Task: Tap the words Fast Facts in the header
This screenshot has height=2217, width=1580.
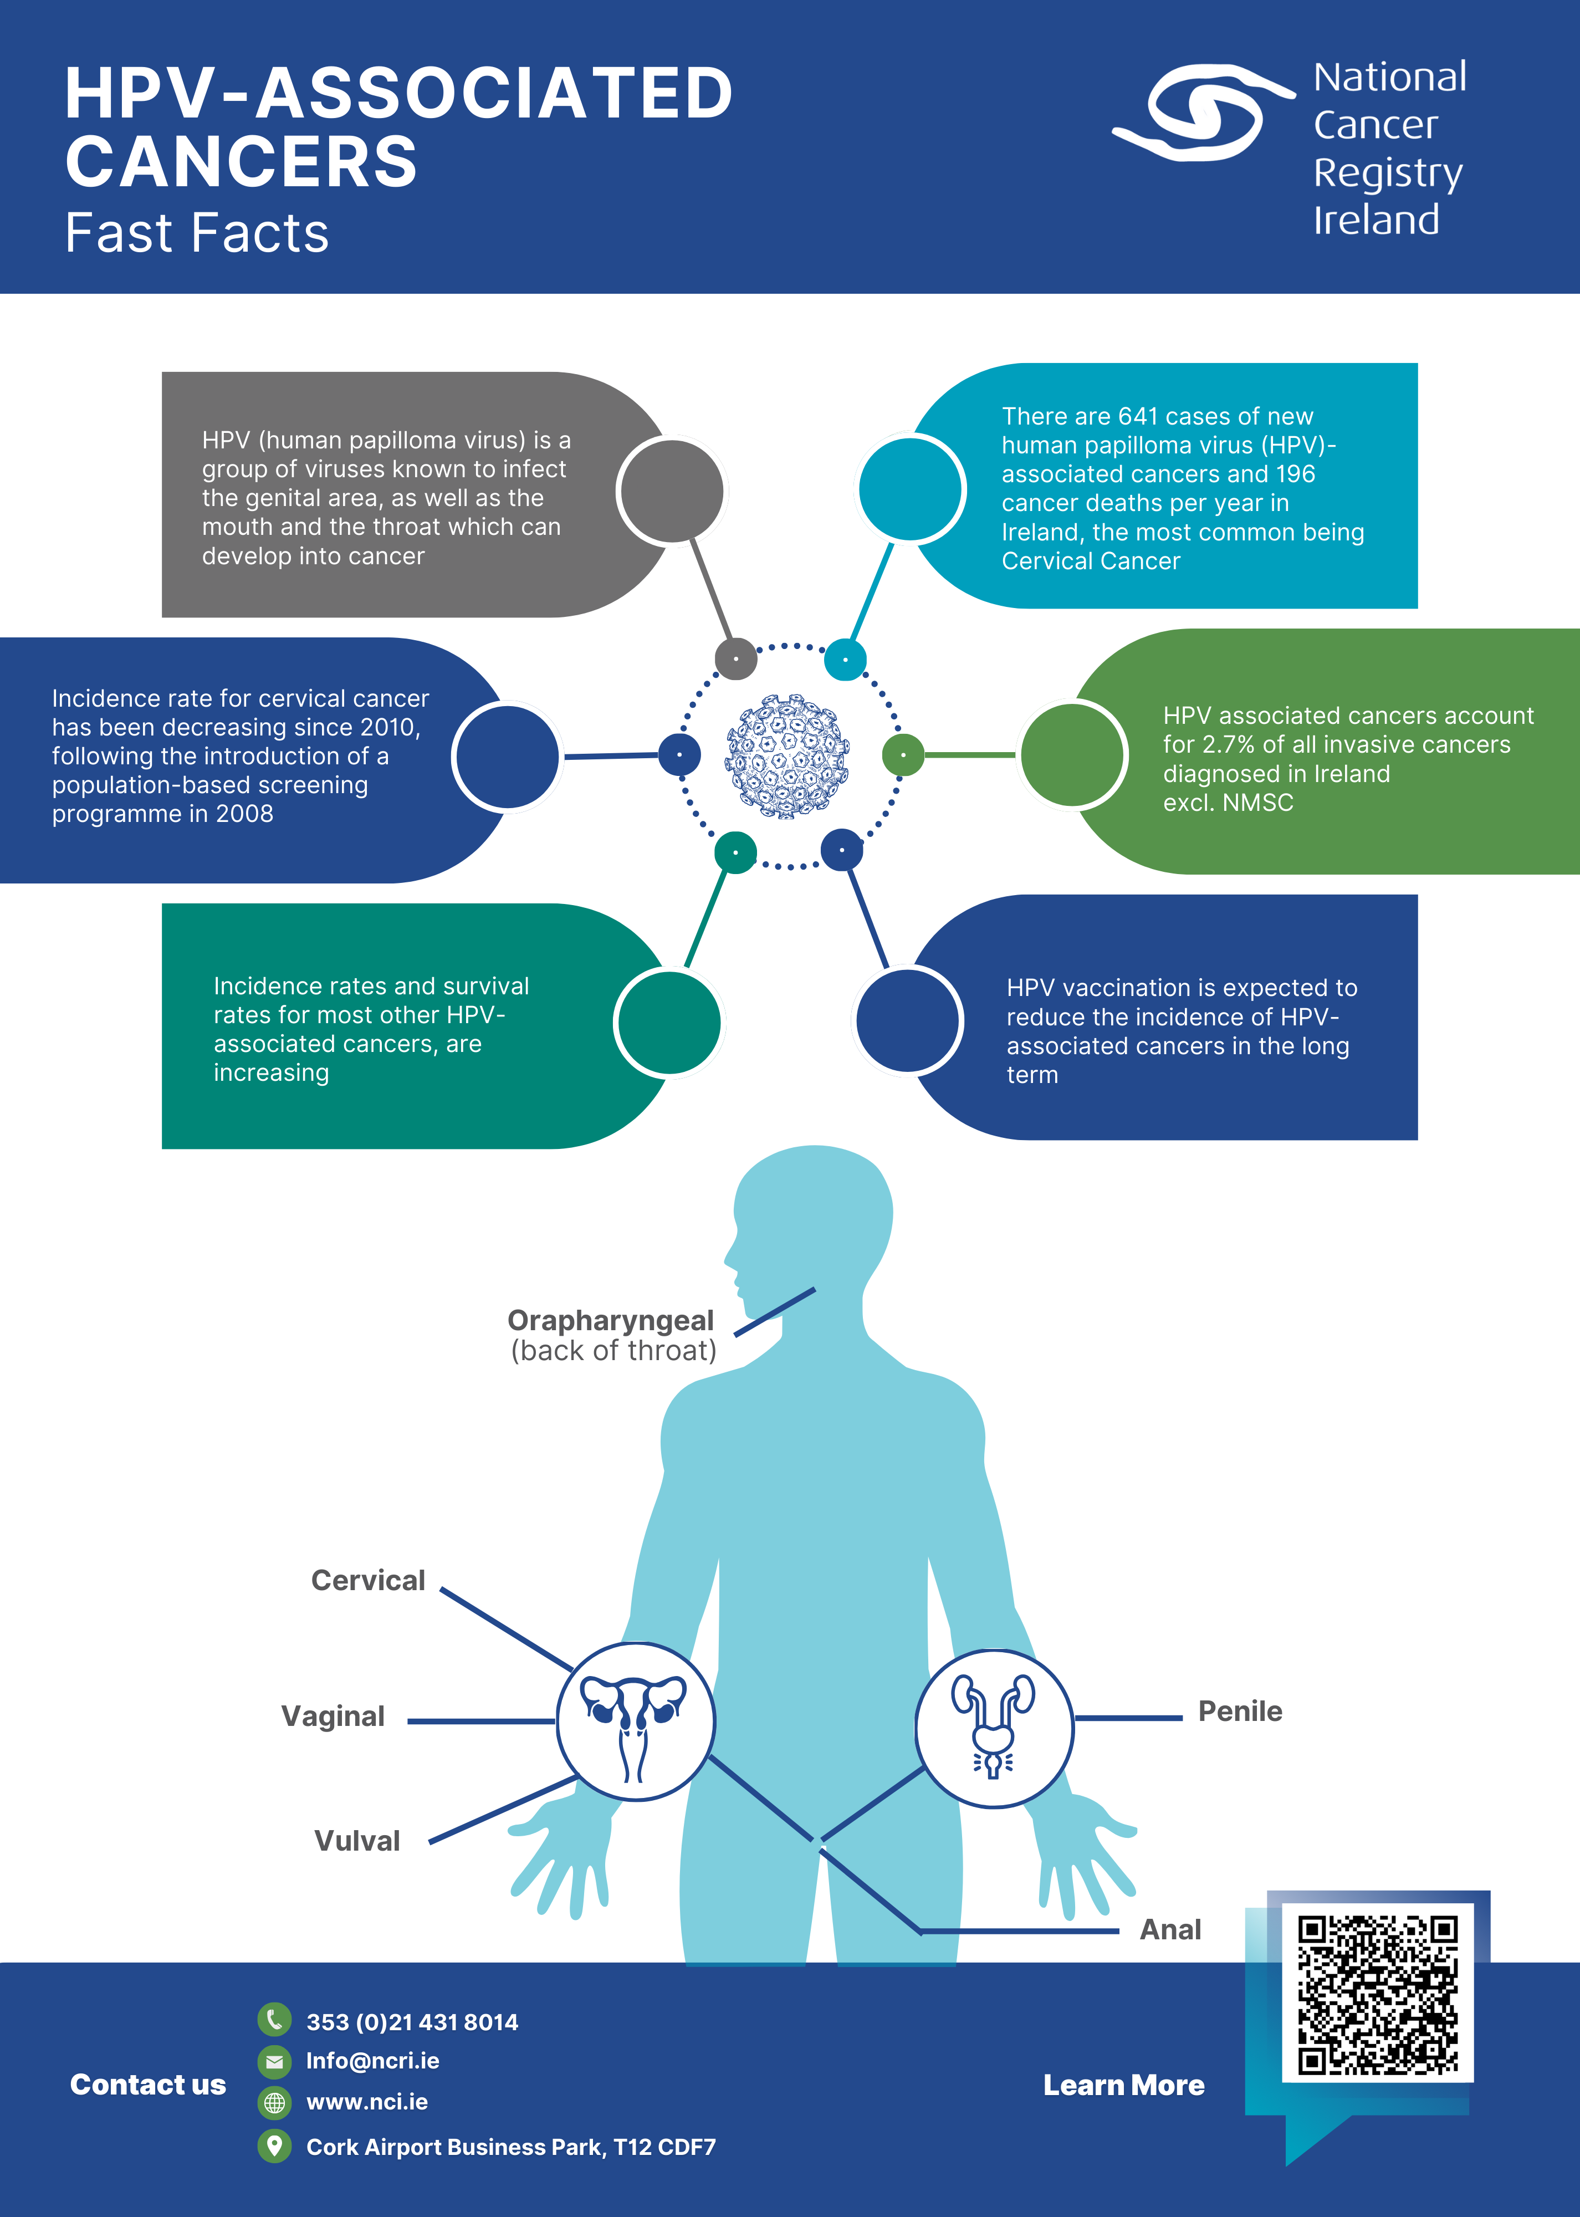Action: point(197,233)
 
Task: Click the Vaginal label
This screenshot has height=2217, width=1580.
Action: point(333,1716)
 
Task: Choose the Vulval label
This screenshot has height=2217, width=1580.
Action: point(357,1841)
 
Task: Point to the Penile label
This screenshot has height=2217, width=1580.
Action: point(1240,1711)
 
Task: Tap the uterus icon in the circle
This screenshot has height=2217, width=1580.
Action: point(635,1723)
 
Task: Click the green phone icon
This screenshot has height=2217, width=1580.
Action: point(274,2020)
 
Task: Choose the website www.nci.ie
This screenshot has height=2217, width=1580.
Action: point(367,2102)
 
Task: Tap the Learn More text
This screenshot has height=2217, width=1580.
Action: point(1124,2086)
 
